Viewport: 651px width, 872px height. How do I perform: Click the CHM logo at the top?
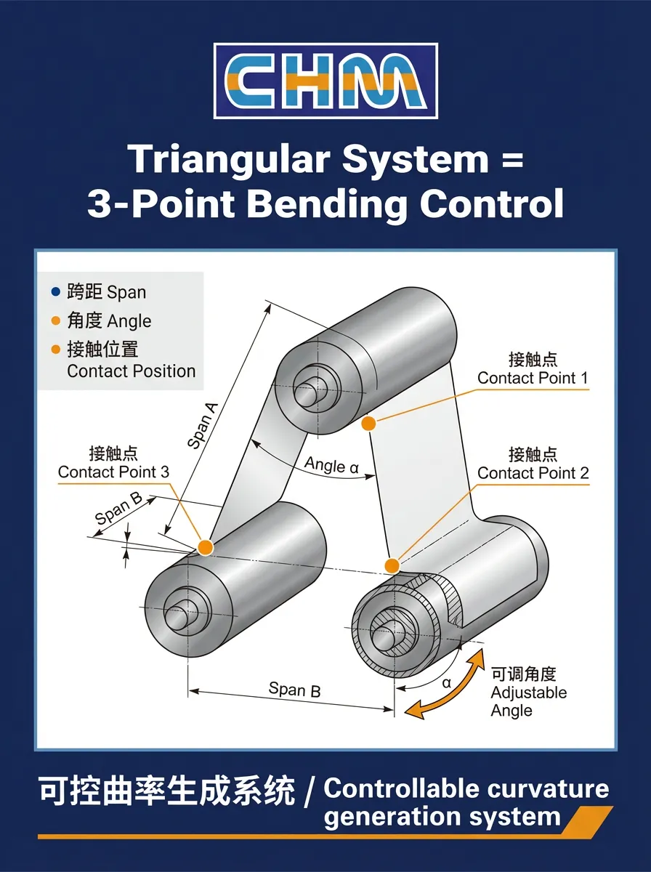325,81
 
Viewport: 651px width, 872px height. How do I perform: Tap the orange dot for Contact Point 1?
368,422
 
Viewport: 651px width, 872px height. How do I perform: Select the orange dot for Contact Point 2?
392,565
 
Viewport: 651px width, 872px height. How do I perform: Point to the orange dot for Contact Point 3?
206,547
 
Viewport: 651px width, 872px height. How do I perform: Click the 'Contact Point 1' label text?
533,378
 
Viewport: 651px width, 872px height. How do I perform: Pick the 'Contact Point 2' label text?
533,473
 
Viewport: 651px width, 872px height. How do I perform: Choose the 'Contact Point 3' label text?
113,472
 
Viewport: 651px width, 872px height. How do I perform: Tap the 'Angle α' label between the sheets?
331,465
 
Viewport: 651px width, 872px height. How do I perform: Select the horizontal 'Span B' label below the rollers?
294,689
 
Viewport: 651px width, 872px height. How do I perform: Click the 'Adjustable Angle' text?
528,701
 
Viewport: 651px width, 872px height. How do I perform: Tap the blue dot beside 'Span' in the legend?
56,292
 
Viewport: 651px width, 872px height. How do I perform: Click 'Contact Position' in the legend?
131,371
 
